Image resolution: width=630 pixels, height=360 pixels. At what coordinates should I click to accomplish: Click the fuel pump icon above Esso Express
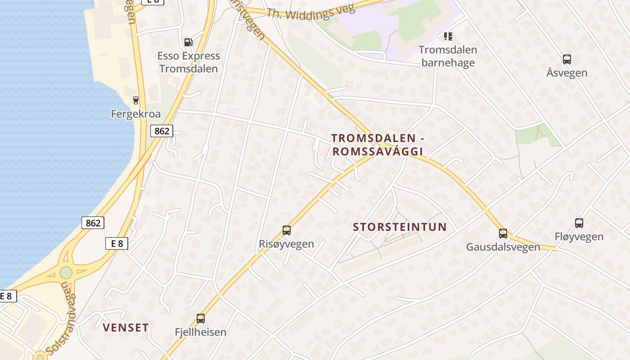tap(188, 42)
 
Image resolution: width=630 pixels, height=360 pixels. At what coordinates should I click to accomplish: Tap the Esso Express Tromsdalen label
tap(189, 62)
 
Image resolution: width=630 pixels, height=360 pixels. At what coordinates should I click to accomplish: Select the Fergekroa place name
tap(135, 114)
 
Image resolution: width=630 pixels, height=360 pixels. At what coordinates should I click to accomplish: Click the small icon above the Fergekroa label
tap(135, 100)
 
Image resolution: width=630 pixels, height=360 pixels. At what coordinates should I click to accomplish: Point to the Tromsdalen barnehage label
tap(448, 56)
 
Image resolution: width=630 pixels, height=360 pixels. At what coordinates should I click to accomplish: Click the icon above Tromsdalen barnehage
tap(448, 36)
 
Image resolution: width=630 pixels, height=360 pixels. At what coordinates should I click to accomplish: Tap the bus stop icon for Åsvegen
tap(567, 59)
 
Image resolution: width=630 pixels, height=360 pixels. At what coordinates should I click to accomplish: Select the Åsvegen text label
tap(567, 72)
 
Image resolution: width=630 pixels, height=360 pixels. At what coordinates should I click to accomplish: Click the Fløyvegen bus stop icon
tap(579, 223)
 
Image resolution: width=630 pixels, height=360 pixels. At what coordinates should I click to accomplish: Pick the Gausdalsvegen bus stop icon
tap(503, 234)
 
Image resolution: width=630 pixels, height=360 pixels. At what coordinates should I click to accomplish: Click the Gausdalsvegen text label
tap(503, 247)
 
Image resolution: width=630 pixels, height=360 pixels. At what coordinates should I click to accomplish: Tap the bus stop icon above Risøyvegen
tap(287, 230)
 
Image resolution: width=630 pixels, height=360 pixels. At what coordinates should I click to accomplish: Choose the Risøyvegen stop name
tap(286, 244)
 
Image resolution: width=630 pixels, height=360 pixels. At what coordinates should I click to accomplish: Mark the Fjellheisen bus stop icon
tap(201, 319)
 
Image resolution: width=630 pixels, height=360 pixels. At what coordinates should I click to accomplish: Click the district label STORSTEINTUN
tap(400, 227)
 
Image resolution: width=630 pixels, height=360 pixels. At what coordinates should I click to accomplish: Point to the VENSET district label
tap(126, 328)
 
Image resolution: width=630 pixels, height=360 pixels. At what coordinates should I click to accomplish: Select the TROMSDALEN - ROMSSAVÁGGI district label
tap(378, 144)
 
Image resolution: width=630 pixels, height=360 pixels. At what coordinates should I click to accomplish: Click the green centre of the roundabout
tap(66, 273)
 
